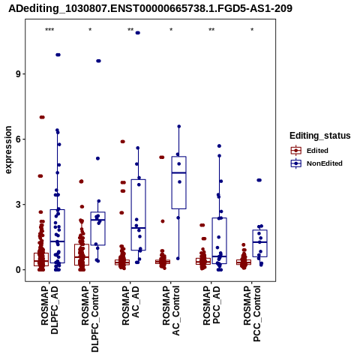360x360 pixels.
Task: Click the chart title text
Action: click(150, 8)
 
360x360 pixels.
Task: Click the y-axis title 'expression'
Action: click(8, 150)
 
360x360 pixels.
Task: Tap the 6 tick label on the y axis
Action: click(19, 139)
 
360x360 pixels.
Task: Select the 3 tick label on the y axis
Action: click(19, 205)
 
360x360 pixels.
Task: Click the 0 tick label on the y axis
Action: click(19, 270)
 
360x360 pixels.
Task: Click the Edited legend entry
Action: click(309, 151)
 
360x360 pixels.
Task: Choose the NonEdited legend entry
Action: click(316, 163)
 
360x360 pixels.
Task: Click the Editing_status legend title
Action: click(320, 136)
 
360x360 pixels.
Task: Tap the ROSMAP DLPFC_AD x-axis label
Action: click(49, 310)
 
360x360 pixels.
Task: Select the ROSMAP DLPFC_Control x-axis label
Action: click(90, 319)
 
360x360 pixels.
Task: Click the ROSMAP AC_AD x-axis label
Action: click(130, 305)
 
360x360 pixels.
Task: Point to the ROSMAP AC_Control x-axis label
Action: click(171, 310)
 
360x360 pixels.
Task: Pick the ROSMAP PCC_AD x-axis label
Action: click(211, 305)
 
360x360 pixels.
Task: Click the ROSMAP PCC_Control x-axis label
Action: click(252, 313)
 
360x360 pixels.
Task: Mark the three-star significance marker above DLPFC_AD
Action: click(49, 30)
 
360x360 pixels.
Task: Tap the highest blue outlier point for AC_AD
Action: click(137, 33)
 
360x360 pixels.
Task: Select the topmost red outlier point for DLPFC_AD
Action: click(42, 117)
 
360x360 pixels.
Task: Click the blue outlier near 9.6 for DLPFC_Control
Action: click(98, 61)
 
